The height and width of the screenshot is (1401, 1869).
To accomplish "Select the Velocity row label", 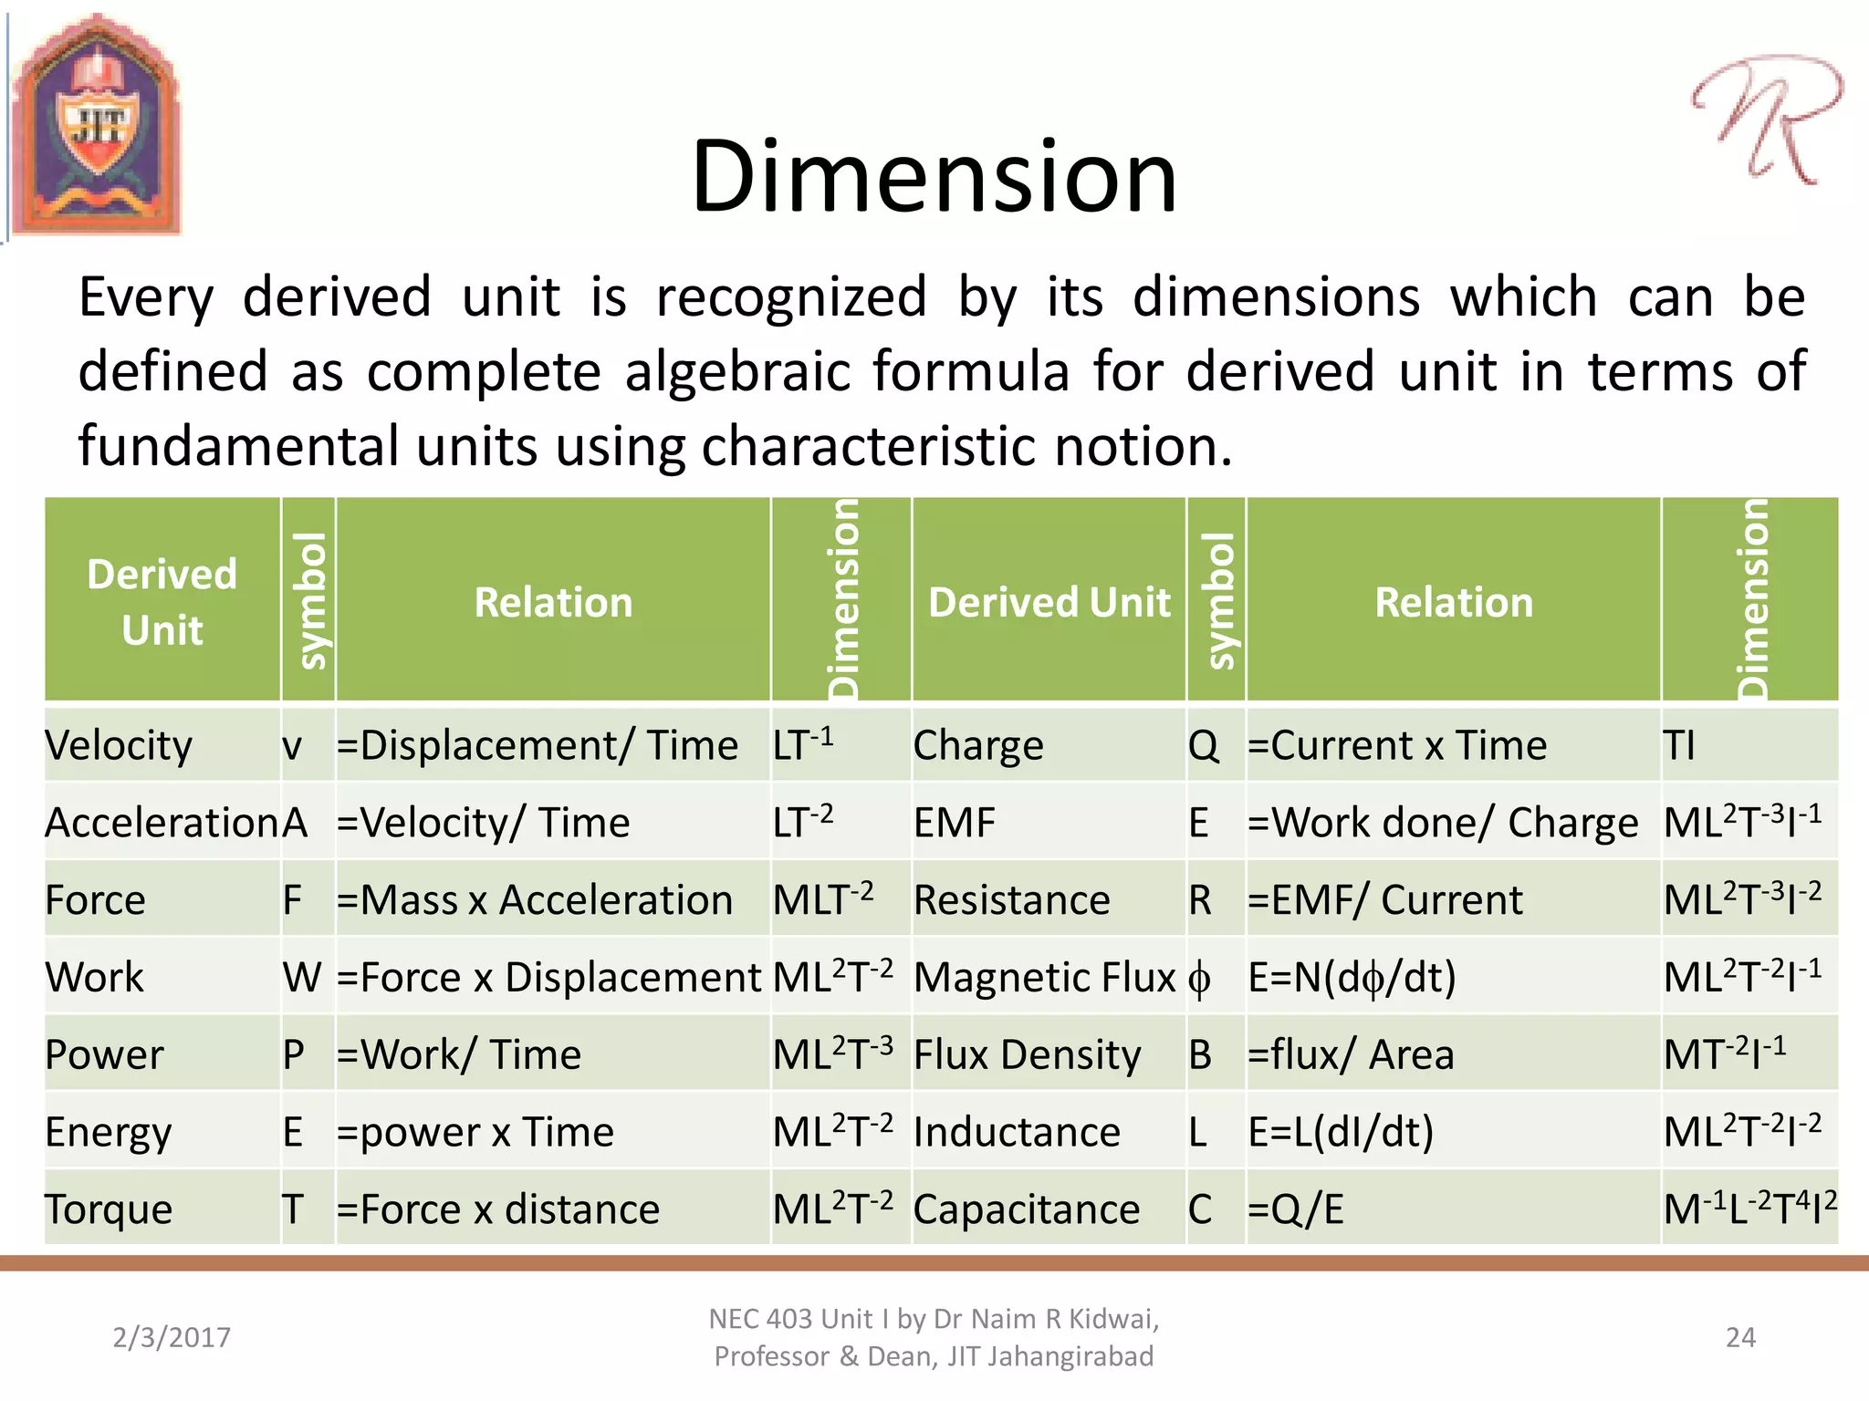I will (x=119, y=745).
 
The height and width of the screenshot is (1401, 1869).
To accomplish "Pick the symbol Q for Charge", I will (x=1203, y=745).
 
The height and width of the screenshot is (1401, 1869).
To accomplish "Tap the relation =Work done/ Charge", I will (x=1443, y=823).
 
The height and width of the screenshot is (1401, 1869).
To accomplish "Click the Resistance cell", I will (x=1011, y=900).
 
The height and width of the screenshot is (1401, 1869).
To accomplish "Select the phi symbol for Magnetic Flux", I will (x=1199, y=978).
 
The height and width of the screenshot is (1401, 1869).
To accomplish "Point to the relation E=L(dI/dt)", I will (x=1341, y=1132).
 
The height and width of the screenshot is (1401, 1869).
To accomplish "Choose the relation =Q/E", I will (x=1296, y=1209).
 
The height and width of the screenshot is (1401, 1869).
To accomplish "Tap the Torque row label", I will (x=109, y=1209).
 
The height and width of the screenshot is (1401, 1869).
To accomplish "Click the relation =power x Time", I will (x=475, y=1132).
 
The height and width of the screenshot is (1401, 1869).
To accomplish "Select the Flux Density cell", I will (x=1027, y=1055).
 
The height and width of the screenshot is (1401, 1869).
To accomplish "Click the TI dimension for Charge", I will (x=1679, y=745).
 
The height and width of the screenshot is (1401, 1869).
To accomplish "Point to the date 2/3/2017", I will (x=172, y=1337).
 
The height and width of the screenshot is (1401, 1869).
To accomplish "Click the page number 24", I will (x=1740, y=1337).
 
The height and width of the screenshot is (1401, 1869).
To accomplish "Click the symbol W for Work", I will (x=302, y=978).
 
